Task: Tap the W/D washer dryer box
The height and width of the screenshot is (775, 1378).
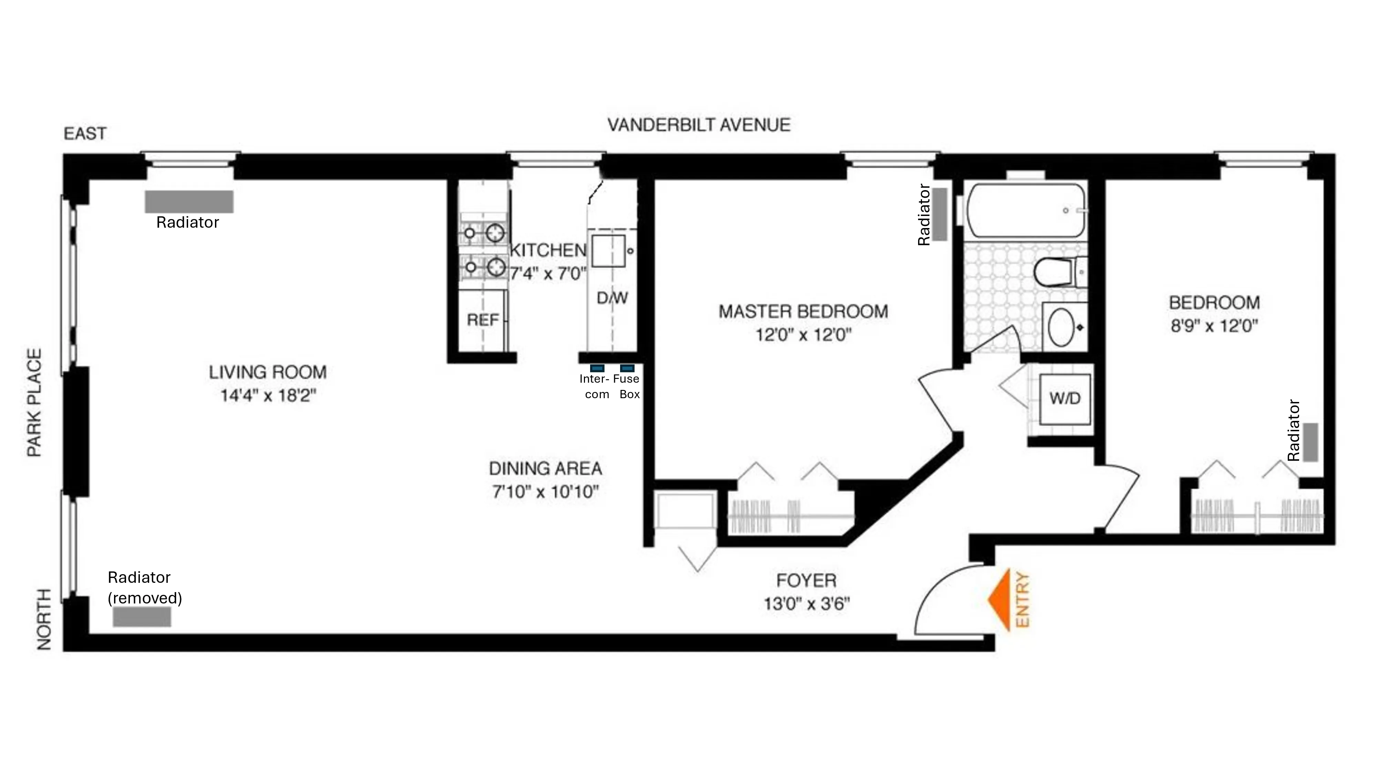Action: [1065, 399]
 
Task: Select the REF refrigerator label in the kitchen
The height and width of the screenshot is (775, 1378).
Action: [483, 320]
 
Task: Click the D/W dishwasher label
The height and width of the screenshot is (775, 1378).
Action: [612, 298]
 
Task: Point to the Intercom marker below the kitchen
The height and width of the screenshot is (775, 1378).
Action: [597, 368]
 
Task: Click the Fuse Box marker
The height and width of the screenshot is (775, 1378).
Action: [627, 368]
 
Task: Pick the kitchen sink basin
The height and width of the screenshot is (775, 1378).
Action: [608, 251]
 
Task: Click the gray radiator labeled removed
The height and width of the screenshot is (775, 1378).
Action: [142, 617]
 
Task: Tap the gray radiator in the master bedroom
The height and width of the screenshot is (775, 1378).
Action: [939, 214]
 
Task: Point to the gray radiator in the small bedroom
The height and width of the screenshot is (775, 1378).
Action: [1310, 442]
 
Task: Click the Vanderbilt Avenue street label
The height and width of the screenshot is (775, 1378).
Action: [699, 125]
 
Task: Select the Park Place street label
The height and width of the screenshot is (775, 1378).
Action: [34, 403]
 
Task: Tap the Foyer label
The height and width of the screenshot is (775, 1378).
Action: [806, 580]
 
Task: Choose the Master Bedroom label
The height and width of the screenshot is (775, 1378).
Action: [803, 311]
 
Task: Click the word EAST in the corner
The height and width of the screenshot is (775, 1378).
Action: [85, 133]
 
